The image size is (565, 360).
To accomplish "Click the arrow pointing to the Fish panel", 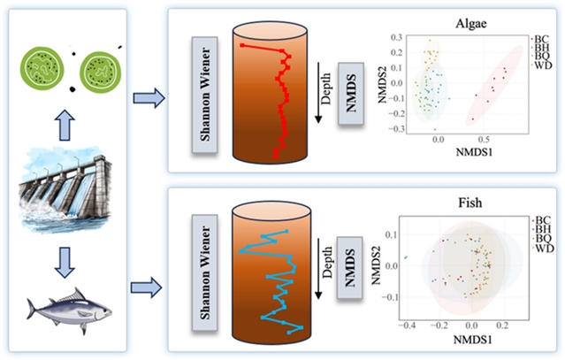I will pos(144,285).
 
